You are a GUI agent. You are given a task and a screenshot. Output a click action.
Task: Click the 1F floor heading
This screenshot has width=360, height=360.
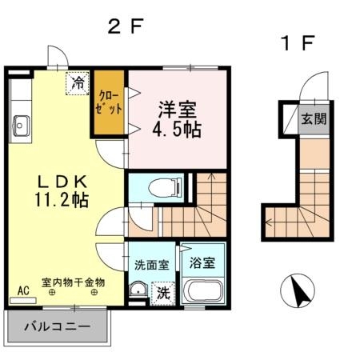pyautogui.click(x=295, y=42)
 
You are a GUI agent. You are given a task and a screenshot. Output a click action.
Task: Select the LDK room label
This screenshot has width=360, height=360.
pyautogui.click(x=58, y=179)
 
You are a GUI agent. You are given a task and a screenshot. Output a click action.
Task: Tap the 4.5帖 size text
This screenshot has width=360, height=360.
pyautogui.click(x=178, y=128)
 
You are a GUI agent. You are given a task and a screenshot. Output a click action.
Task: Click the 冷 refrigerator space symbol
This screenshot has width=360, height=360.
pyautogui.click(x=78, y=82)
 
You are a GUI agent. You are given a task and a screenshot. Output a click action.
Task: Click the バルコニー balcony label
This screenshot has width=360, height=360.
pyautogui.click(x=55, y=326)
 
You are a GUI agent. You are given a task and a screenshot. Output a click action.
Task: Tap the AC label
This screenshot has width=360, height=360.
pyautogui.click(x=23, y=290)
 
